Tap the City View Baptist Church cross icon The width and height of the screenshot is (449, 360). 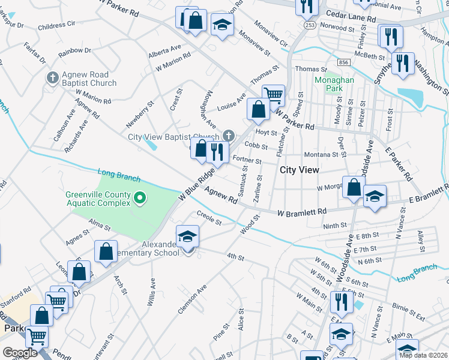point(228,136)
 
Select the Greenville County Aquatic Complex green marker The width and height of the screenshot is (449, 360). point(140,197)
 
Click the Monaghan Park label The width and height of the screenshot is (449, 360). point(334,83)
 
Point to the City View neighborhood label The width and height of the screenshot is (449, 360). point(300,170)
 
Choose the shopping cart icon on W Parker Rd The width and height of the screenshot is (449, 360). point(274,94)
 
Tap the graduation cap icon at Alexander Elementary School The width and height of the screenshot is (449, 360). point(187,236)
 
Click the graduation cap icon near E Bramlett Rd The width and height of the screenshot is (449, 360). point(375,196)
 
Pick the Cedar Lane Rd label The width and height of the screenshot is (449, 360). point(351,19)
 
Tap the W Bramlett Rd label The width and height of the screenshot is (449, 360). point(301,212)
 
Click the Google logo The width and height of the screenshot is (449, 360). point(20,353)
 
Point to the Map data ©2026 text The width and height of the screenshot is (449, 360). point(423,355)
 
